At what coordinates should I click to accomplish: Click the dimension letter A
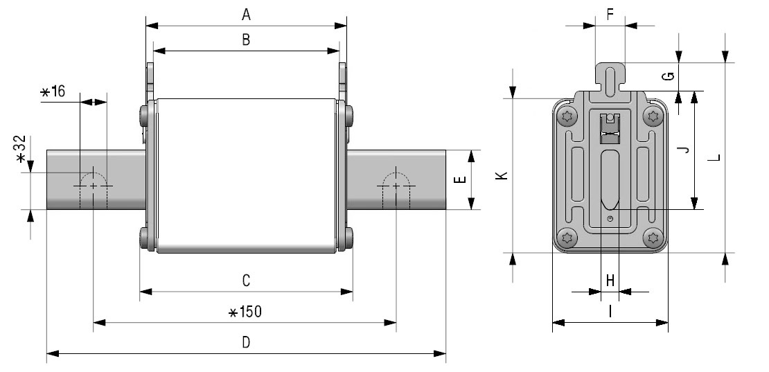pyautogui.click(x=246, y=15)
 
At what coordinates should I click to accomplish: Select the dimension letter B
pyautogui.click(x=246, y=39)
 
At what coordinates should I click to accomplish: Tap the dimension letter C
pyautogui.click(x=246, y=281)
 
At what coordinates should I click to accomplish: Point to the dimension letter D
pyautogui.click(x=246, y=342)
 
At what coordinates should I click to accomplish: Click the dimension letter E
pyautogui.click(x=460, y=179)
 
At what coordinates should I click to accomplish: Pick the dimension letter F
pyautogui.click(x=610, y=15)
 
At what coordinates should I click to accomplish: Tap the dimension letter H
pyautogui.click(x=610, y=281)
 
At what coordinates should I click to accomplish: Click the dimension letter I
pyautogui.click(x=610, y=311)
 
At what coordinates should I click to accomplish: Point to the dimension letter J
pyautogui.click(x=684, y=149)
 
